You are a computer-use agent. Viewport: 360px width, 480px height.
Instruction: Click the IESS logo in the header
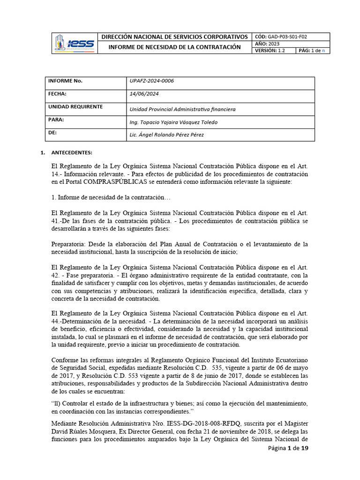coord(75,43)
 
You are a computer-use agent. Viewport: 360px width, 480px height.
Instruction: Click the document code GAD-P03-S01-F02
coord(287,37)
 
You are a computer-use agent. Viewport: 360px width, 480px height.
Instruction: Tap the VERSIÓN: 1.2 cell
coord(270,51)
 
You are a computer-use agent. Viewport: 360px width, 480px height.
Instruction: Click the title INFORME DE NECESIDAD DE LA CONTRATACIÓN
coord(175,47)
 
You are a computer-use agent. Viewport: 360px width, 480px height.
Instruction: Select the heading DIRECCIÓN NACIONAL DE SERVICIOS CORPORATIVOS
coord(175,37)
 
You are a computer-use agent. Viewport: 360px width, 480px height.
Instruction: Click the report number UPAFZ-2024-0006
coord(151,81)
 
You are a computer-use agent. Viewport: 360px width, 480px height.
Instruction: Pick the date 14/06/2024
coord(144,94)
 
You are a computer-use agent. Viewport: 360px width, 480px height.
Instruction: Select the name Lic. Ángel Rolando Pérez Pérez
coord(166,135)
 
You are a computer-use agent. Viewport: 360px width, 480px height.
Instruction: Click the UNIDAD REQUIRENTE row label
coord(75,107)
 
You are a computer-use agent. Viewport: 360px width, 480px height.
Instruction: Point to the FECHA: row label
coord(58,94)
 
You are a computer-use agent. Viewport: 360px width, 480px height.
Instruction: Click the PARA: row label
coord(56,120)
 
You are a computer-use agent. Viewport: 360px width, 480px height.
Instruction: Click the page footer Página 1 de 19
coord(288,449)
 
